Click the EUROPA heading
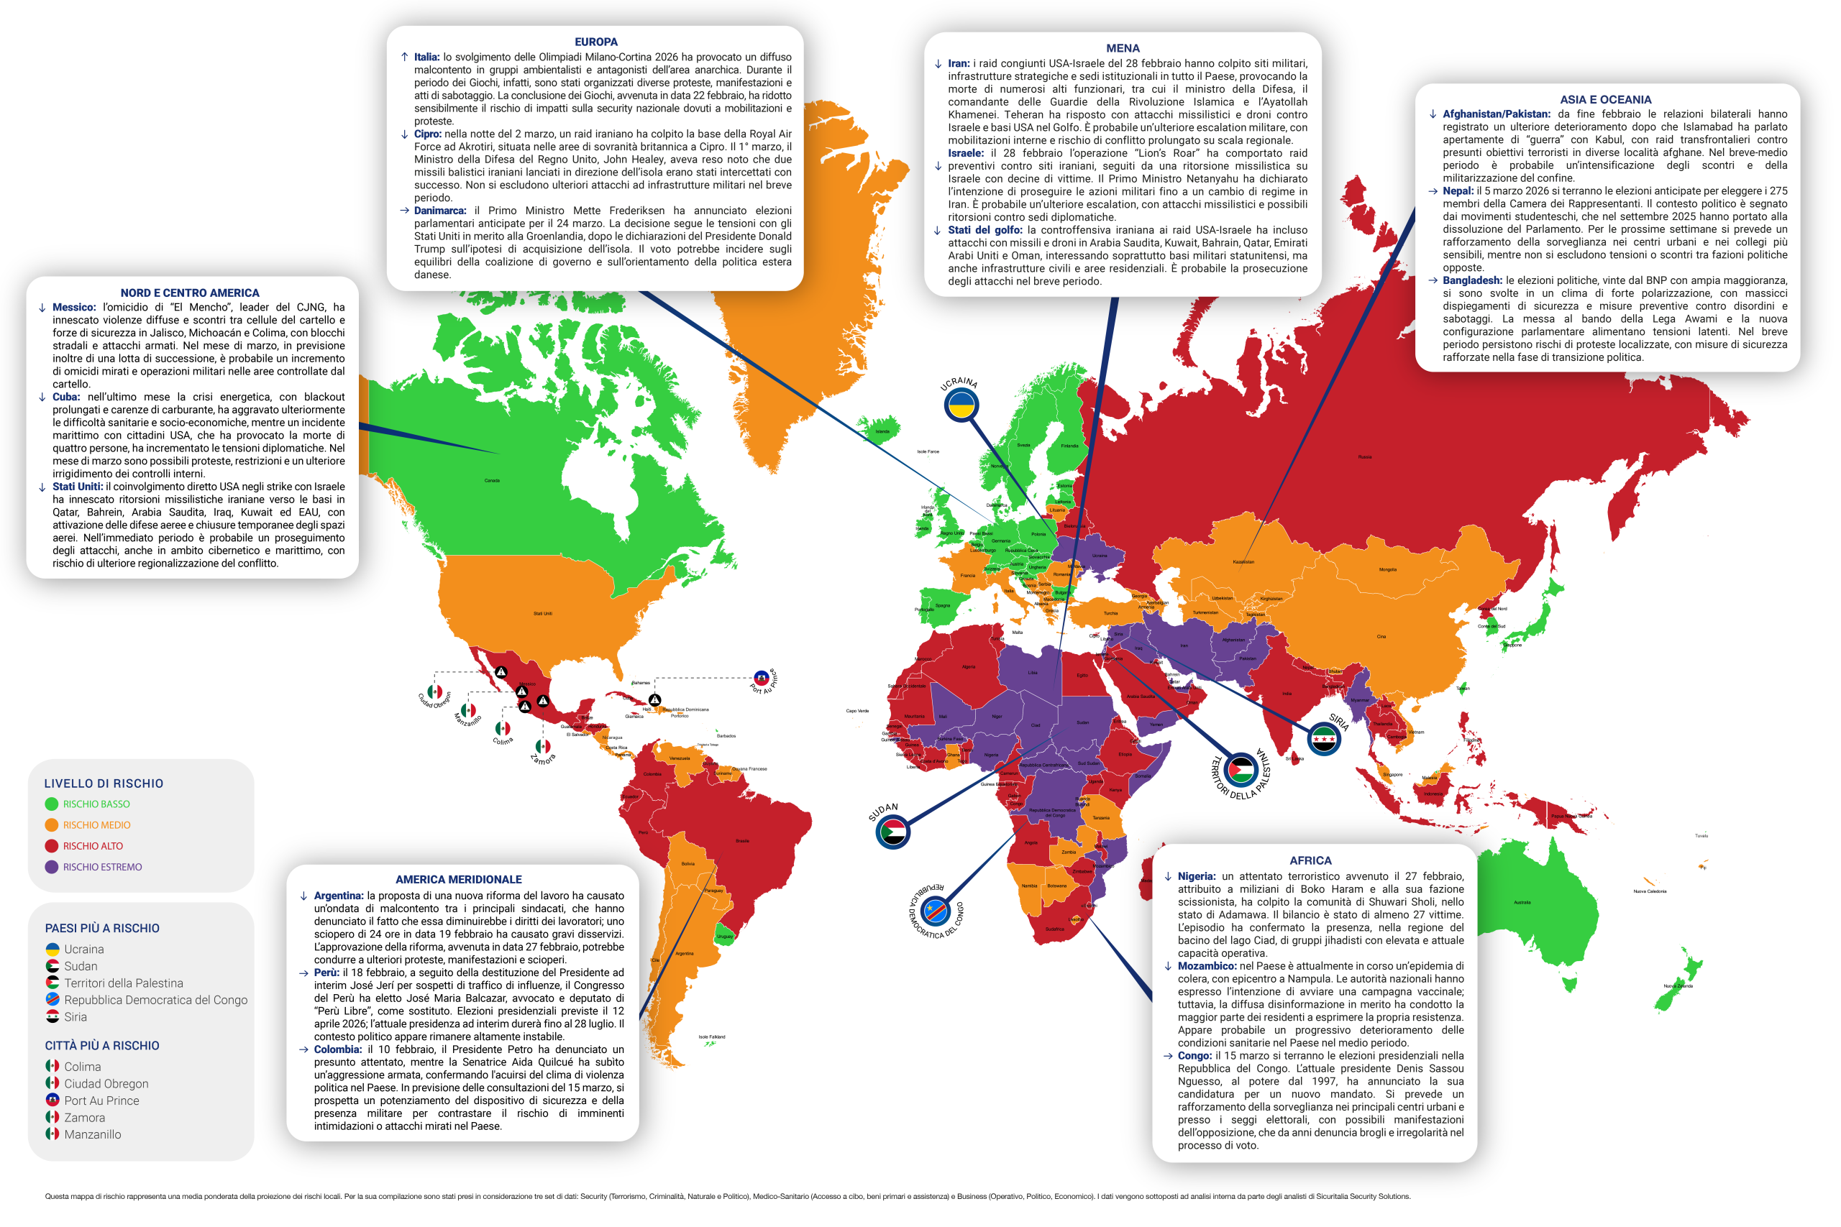point(595,42)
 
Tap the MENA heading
point(1123,48)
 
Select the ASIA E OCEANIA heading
point(1605,100)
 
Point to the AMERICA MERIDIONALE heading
point(459,880)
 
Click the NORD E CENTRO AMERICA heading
point(189,293)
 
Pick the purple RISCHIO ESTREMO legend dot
point(52,867)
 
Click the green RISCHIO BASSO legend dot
point(52,804)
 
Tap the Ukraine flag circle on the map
point(961,405)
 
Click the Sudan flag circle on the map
point(892,832)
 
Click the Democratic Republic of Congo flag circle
point(936,911)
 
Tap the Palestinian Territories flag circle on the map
point(1241,770)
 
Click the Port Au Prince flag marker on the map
point(761,678)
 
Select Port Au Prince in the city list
point(101,1101)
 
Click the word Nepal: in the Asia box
point(1458,191)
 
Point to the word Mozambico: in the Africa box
point(1207,966)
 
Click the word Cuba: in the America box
point(65,397)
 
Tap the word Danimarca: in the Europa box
point(440,211)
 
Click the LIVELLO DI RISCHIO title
point(104,784)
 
